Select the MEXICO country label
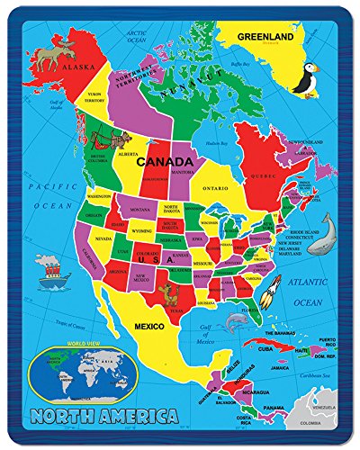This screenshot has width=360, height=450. [148, 326]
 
